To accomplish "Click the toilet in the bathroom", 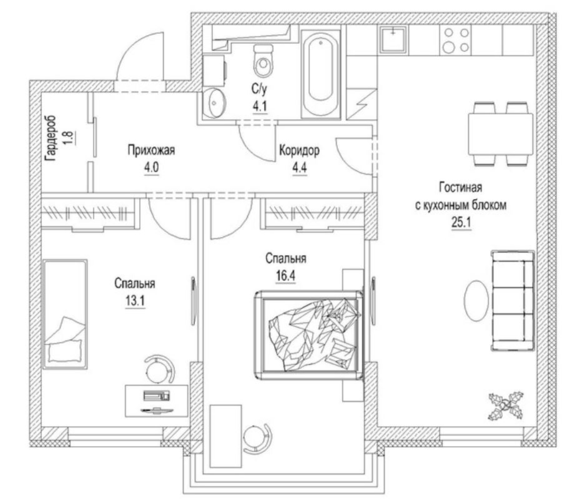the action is coord(263,61).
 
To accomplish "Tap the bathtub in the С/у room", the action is coord(320,74).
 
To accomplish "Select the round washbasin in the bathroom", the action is coord(214,103).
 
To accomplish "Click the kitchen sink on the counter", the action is coord(393,40).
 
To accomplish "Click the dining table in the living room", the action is coord(500,134).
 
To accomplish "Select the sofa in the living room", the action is coord(512,300).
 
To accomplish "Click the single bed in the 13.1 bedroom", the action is coord(65,314).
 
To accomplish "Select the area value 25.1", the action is coord(461,223).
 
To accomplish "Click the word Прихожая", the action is coord(151,150).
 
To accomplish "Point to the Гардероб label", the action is coord(51,138).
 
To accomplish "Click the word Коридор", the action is coord(299,150).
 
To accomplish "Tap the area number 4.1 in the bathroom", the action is coord(260,107).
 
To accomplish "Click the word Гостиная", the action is coord(461,188).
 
